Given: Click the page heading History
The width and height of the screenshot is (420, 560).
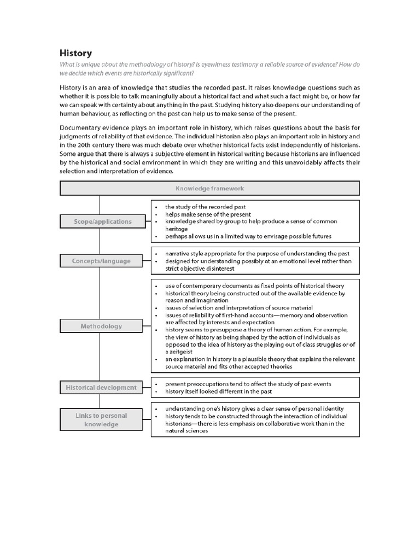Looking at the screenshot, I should click(x=75, y=53).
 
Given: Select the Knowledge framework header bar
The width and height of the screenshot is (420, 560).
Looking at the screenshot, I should click(x=209, y=188).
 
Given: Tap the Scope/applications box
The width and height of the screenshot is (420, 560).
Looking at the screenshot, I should click(x=103, y=221).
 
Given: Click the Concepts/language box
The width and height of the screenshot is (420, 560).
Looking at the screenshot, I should click(x=101, y=261).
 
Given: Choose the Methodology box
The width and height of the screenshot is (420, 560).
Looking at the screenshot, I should click(x=101, y=326).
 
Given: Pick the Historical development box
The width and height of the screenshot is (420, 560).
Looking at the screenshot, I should click(x=101, y=387).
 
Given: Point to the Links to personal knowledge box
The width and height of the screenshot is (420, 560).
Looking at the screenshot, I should click(x=101, y=420).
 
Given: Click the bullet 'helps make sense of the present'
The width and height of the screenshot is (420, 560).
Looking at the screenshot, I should click(x=208, y=214).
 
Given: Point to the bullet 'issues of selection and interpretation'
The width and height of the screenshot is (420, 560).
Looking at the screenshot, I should click(x=238, y=308).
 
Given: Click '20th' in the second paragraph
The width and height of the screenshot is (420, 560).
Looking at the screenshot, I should click(x=97, y=144).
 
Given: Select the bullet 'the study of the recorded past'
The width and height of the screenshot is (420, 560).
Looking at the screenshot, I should click(x=205, y=207).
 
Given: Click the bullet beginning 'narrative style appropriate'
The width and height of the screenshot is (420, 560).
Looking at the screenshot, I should click(x=257, y=254).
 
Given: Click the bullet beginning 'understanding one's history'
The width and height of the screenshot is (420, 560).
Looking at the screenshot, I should click(x=254, y=409).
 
